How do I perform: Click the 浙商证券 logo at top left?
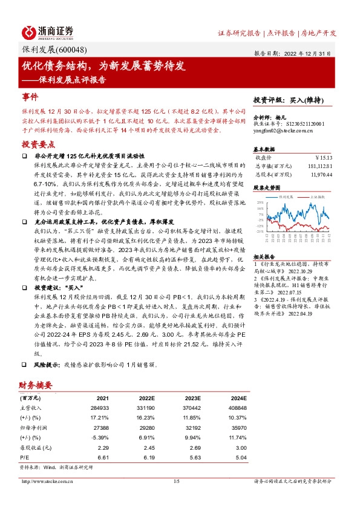pos(48,31)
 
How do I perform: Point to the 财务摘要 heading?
pos(36,386)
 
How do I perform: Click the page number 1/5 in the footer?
pos(177,482)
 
